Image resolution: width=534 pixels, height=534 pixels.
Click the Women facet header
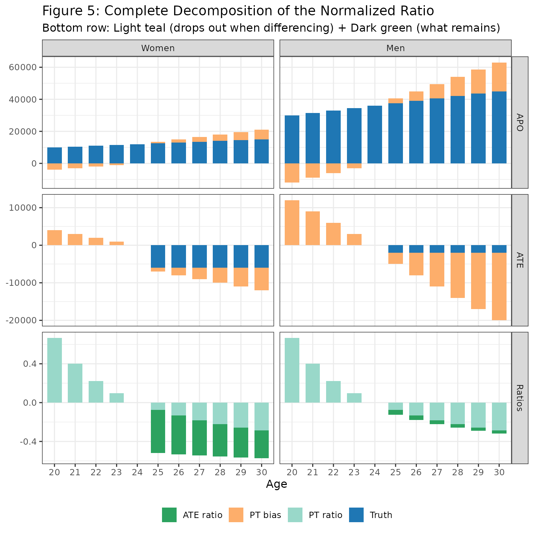[158, 48]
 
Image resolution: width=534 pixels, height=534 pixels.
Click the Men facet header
[395, 48]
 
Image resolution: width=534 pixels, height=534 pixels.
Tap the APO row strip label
[519, 122]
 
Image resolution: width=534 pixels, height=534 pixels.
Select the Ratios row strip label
[519, 398]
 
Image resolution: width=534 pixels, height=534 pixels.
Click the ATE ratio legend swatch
[169, 515]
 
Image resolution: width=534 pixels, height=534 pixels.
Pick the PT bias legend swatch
[236, 515]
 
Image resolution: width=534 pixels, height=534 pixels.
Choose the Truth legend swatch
[356, 515]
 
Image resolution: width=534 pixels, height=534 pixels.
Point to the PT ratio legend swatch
[295, 515]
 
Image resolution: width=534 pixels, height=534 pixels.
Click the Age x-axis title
[276, 484]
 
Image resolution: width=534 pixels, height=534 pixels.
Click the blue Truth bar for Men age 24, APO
[375, 135]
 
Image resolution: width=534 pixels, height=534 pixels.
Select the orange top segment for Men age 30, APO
[499, 77]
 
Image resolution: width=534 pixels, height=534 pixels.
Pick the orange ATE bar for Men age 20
[292, 222]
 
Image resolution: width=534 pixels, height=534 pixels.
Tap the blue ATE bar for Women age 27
[200, 256]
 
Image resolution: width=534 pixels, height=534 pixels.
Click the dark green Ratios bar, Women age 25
[158, 431]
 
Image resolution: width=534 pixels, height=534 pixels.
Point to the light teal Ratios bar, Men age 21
[313, 383]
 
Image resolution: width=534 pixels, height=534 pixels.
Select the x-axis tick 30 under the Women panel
[261, 472]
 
